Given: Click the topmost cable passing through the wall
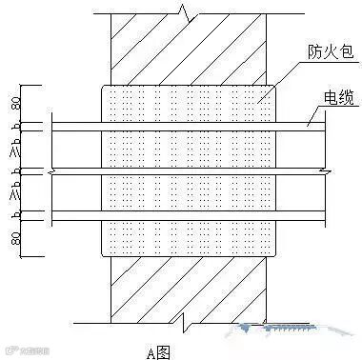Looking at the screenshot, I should tap(191, 125).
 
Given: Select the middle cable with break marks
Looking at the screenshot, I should tap(191, 171).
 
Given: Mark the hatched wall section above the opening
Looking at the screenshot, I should tap(191, 48).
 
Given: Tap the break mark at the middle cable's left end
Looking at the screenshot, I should tap(52, 171).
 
